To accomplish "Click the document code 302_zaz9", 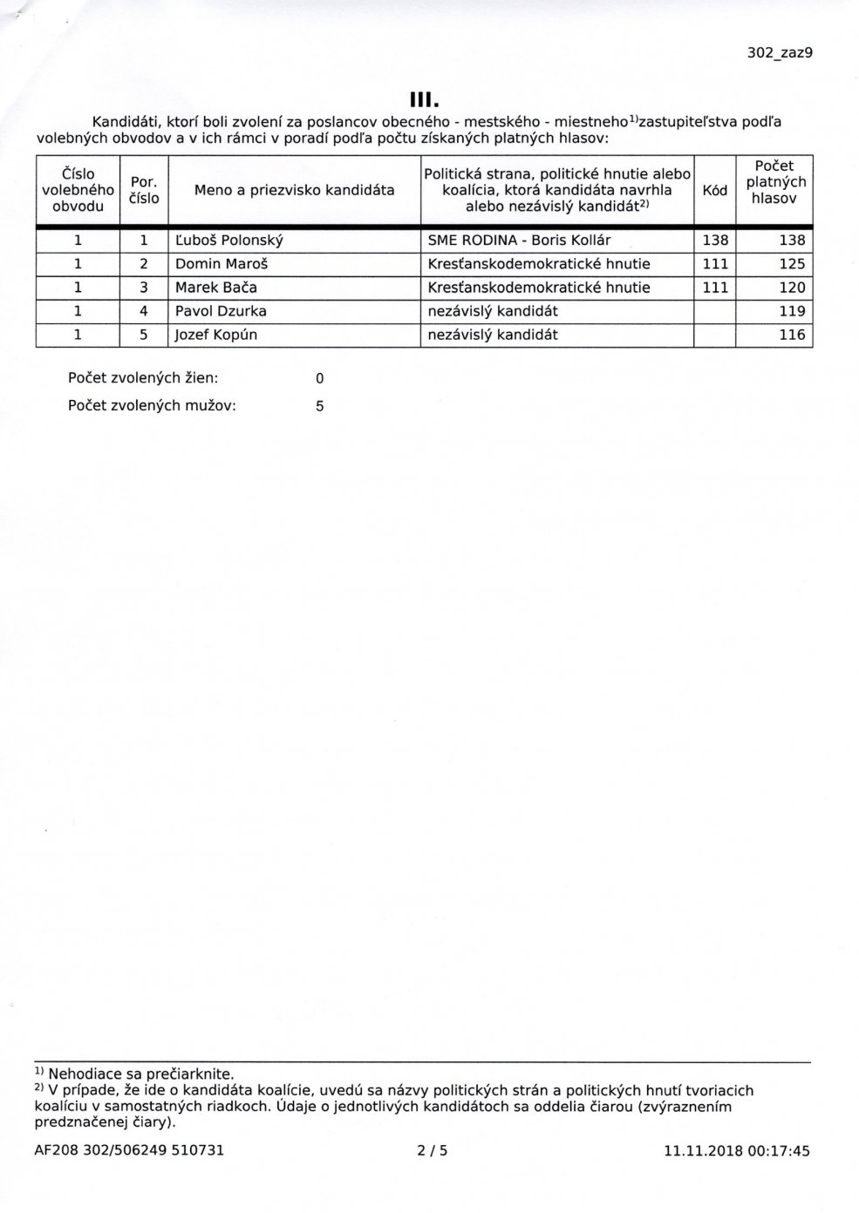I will tap(780, 52).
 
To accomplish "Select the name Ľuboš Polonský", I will tap(229, 241).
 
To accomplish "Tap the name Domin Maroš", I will tap(217, 264).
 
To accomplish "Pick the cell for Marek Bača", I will tap(216, 288).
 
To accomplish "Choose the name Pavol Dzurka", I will tap(221, 311).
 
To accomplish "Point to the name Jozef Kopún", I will tap(216, 335).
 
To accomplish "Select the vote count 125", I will tap(792, 264).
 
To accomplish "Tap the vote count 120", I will tap(792, 288).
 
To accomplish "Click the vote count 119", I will tap(792, 311).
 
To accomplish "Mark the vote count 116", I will tap(792, 335).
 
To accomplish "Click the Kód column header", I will tap(714, 190).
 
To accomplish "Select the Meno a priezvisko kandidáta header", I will tap(294, 190).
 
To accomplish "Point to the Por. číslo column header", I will tap(143, 190).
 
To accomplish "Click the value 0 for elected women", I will tap(319, 378).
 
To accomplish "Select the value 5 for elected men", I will tap(319, 405).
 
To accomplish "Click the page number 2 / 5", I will tap(433, 1150).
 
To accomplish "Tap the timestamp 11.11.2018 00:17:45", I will tap(736, 1150).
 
